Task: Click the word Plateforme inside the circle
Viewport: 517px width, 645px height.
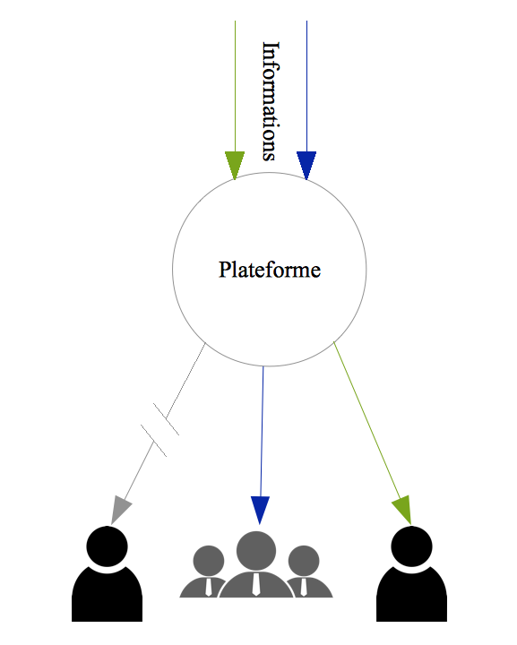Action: click(270, 270)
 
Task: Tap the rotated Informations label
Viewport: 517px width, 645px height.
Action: click(271, 100)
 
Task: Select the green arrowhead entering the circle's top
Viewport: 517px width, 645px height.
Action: click(235, 166)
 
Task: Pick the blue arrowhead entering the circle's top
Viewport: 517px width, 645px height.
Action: click(306, 166)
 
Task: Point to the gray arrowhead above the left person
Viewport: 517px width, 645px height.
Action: click(120, 510)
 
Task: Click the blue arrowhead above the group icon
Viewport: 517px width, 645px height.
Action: click(260, 510)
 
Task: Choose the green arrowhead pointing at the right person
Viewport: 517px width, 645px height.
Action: click(403, 510)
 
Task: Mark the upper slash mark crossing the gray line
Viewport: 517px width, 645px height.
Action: click(166, 418)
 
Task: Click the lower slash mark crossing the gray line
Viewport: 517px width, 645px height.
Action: click(153, 441)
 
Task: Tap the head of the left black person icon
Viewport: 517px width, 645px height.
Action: click(107, 546)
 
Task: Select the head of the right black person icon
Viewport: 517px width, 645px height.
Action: click(411, 546)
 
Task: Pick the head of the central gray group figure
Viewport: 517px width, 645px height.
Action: click(256, 551)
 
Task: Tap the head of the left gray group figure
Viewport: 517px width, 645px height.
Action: click(209, 561)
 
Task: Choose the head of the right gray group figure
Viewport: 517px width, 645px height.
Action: click(304, 561)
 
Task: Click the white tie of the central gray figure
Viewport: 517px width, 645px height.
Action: click(256, 584)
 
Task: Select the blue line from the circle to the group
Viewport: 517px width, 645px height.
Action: click(262, 432)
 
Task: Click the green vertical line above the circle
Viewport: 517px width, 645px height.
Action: click(235, 86)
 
